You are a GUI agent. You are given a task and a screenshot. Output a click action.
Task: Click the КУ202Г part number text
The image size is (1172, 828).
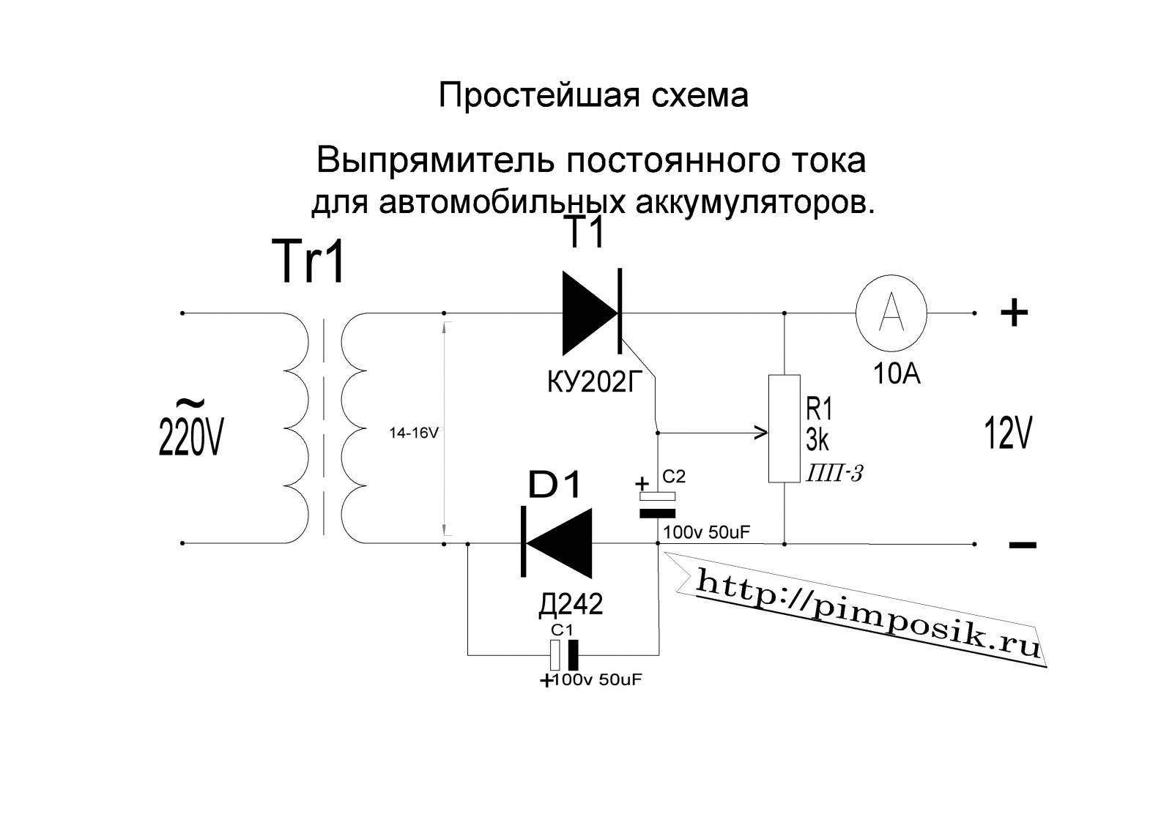[595, 382]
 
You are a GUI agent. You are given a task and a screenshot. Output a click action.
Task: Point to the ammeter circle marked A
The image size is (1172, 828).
[891, 313]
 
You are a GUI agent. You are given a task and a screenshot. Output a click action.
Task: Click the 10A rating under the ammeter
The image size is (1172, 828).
[897, 374]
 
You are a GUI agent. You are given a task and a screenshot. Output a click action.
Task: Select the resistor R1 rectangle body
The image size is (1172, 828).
[785, 428]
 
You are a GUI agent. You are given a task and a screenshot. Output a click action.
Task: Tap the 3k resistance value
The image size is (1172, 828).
[817, 440]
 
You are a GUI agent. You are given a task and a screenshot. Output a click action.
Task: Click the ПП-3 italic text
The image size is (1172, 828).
[834, 474]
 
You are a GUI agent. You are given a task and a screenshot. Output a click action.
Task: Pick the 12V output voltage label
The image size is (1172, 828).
[1008, 433]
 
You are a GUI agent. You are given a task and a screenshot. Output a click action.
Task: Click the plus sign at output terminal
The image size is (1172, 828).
[1014, 313]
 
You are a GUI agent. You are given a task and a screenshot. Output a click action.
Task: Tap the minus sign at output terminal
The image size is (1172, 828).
[1023, 545]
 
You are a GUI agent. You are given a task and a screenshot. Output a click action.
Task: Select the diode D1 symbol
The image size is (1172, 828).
[556, 543]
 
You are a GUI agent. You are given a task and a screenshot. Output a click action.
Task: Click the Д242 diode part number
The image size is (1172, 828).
[571, 604]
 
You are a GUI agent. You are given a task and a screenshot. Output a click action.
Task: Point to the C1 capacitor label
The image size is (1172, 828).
[563, 630]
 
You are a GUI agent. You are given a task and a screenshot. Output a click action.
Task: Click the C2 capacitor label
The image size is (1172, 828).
[674, 476]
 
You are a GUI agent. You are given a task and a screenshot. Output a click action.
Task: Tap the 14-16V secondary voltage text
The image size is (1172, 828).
[413, 433]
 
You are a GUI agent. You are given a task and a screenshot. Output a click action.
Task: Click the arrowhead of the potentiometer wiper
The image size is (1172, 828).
[762, 433]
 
